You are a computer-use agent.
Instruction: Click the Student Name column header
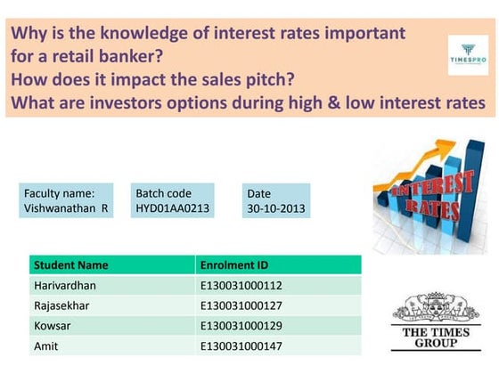pyautogui.click(x=70, y=264)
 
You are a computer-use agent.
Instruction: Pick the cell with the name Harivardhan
pyautogui.click(x=65, y=285)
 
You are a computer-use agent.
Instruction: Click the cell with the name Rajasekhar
pyautogui.click(x=63, y=305)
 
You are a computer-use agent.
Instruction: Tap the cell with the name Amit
pyautogui.click(x=45, y=346)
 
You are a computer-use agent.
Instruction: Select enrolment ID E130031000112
pyautogui.click(x=241, y=285)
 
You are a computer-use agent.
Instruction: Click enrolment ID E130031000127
pyautogui.click(x=241, y=305)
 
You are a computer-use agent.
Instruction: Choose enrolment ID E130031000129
pyautogui.click(x=241, y=326)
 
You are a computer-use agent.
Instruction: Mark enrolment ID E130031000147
pyautogui.click(x=241, y=346)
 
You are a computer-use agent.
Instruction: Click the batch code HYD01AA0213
pyautogui.click(x=173, y=208)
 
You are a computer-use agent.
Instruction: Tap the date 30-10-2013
pyautogui.click(x=276, y=208)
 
